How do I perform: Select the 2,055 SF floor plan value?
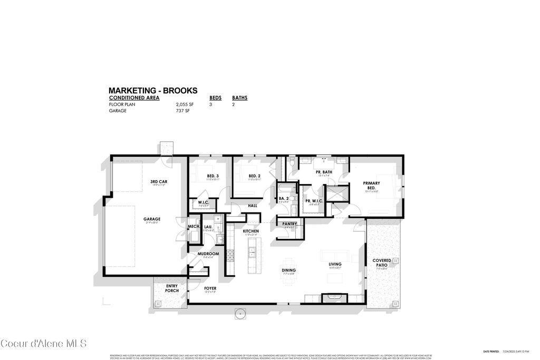click(x=181, y=104)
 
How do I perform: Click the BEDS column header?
click(x=215, y=98)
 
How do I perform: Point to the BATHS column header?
click(x=240, y=98)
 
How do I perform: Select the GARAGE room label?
click(x=152, y=219)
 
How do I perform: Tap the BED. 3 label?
click(x=213, y=176)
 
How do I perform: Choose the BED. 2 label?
click(x=254, y=176)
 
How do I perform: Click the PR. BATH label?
click(x=324, y=172)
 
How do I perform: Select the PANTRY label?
click(x=290, y=224)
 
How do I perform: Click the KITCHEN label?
click(x=250, y=231)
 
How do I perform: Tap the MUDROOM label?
click(x=208, y=254)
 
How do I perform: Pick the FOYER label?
click(x=210, y=288)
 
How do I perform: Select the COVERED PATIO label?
click(x=381, y=262)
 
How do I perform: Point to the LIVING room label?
click(x=335, y=264)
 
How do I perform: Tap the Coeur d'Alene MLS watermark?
click(x=43, y=344)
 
